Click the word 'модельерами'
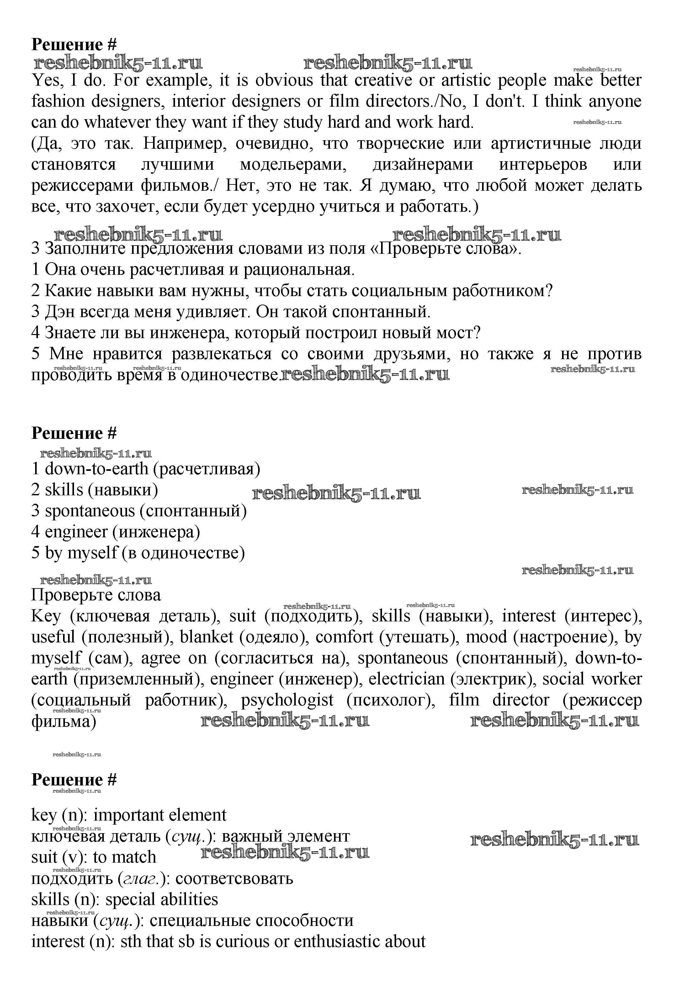click(291, 165)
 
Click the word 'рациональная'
click(299, 270)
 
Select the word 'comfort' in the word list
click(344, 637)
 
